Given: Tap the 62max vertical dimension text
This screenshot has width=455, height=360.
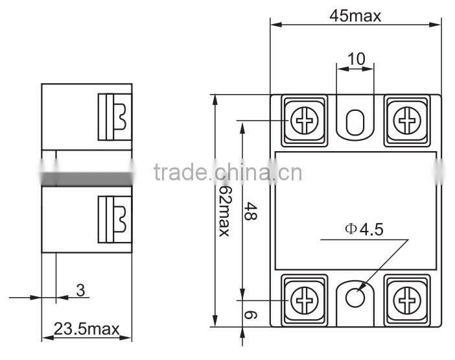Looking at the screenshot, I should (224, 211).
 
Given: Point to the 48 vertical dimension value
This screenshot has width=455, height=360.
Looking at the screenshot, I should (250, 211).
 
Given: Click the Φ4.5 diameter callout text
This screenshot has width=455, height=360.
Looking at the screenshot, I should (364, 229).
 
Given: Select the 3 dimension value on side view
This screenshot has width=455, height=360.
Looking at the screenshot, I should (80, 290).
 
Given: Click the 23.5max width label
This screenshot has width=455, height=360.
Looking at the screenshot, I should (86, 329).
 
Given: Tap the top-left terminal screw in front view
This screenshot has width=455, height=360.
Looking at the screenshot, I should (303, 120).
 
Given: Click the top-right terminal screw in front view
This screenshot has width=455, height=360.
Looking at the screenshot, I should (407, 120).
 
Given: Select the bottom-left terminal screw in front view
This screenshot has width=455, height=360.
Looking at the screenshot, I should (303, 299).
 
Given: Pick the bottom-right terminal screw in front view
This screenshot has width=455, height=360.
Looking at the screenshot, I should (407, 299).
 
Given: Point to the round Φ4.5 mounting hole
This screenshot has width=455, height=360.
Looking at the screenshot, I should (355, 298).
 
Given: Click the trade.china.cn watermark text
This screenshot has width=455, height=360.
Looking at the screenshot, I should (227, 173).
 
